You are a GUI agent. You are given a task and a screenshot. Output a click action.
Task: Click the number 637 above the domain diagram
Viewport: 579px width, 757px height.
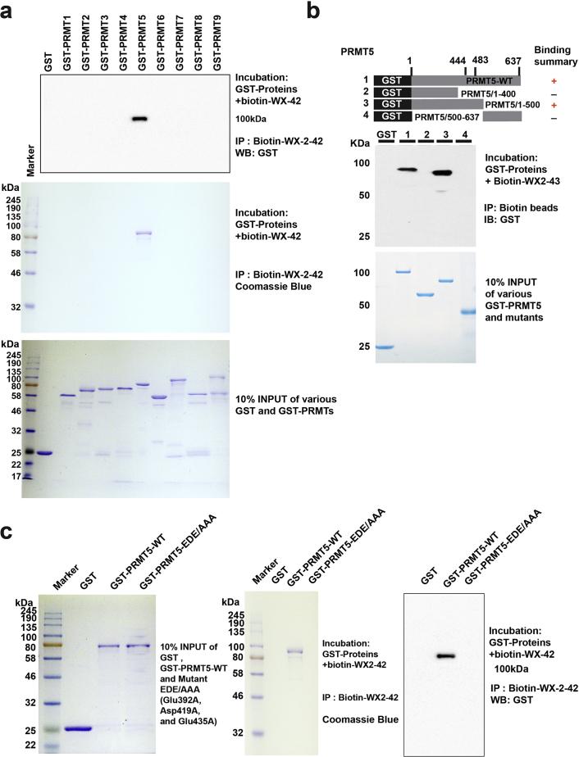[x=514, y=61]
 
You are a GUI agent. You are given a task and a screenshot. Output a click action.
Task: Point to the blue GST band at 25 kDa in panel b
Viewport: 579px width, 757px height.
[x=384, y=347]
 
